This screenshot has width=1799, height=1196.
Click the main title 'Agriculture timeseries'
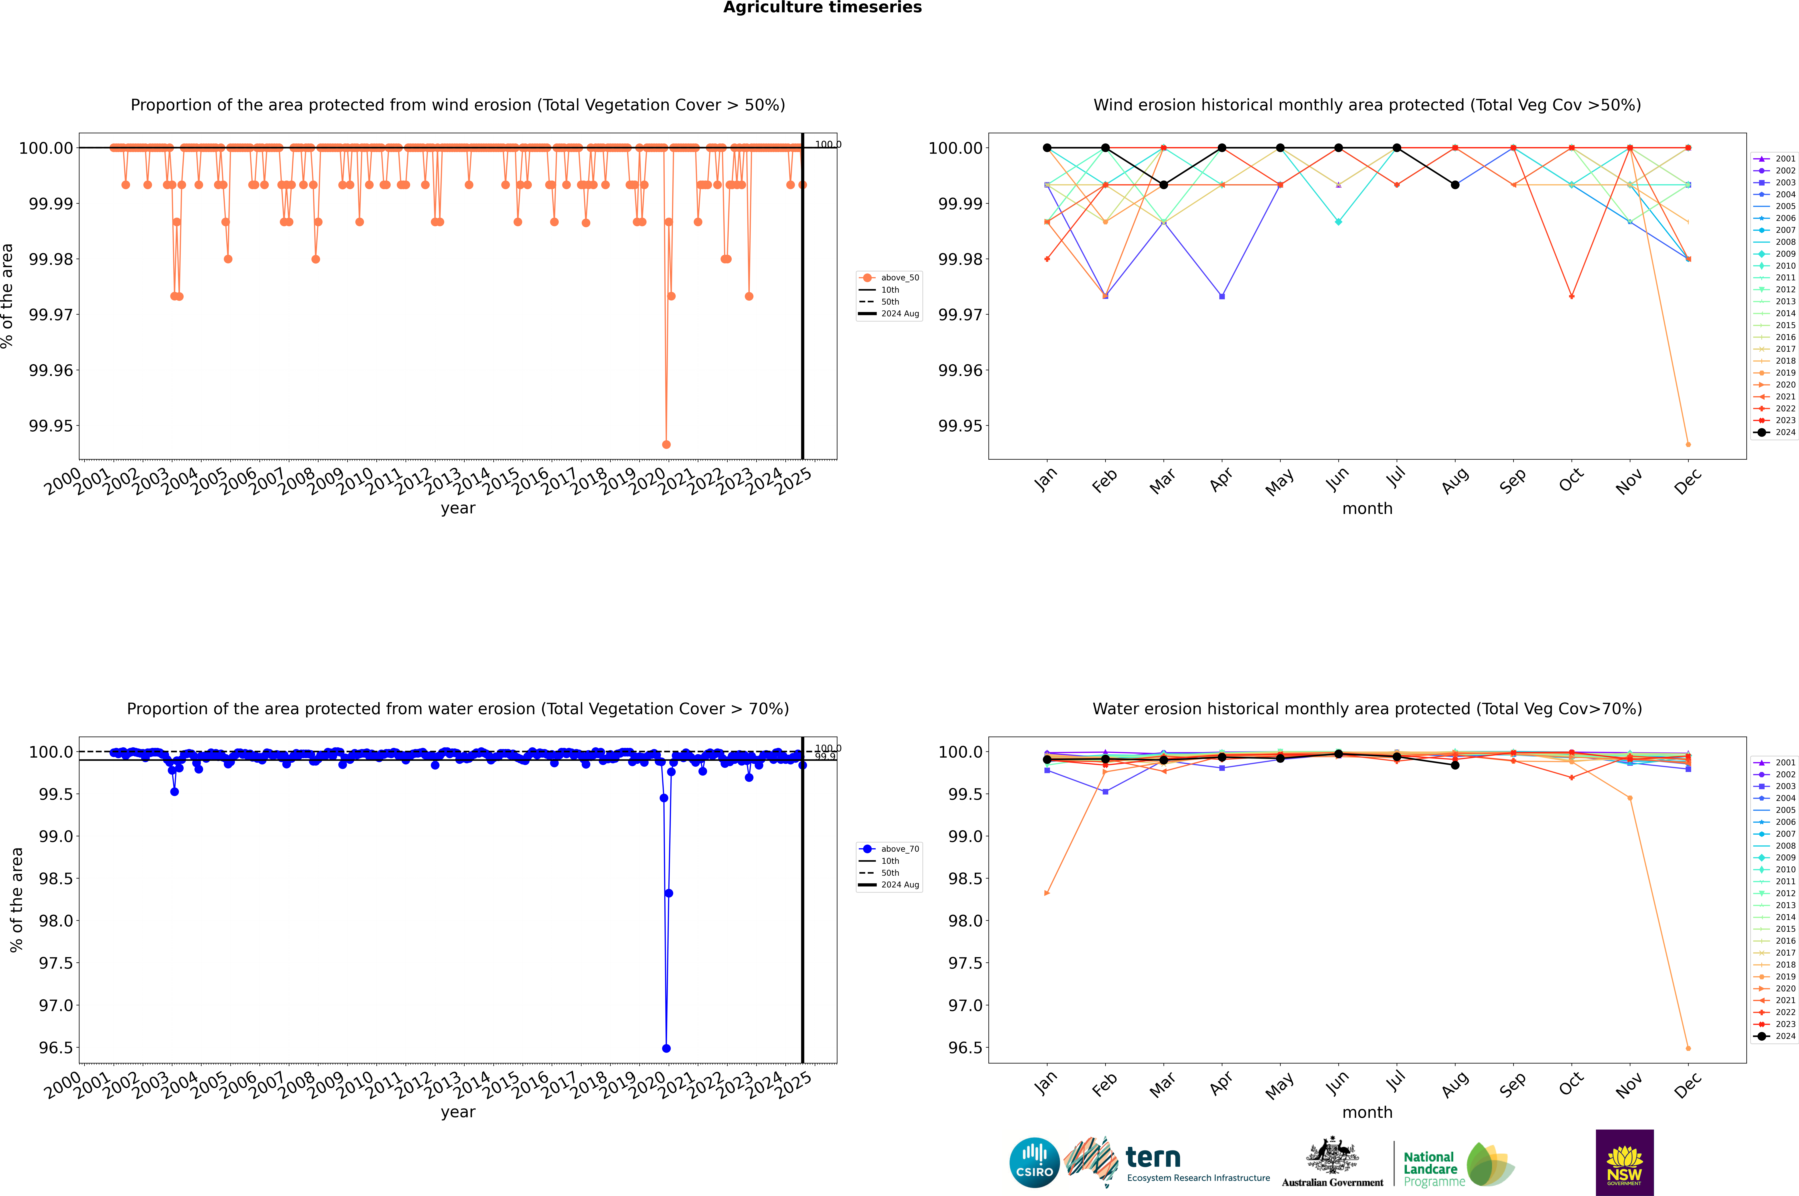pyautogui.click(x=822, y=8)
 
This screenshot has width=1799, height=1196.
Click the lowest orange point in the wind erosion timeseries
pyautogui.click(x=667, y=444)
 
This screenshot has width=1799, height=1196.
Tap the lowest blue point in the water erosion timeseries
pyautogui.click(x=667, y=1048)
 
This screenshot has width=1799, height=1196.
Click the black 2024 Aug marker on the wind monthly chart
pyautogui.click(x=1455, y=185)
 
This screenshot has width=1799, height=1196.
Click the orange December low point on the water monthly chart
pyautogui.click(x=1688, y=1048)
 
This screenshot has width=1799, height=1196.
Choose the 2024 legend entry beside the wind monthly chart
pyautogui.click(x=1777, y=433)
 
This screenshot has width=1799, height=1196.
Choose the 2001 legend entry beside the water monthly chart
pyautogui.click(x=1777, y=763)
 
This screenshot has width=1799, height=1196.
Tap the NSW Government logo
pyautogui.click(x=1624, y=1162)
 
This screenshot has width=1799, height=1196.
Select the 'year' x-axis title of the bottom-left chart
pyautogui.click(x=458, y=1112)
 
